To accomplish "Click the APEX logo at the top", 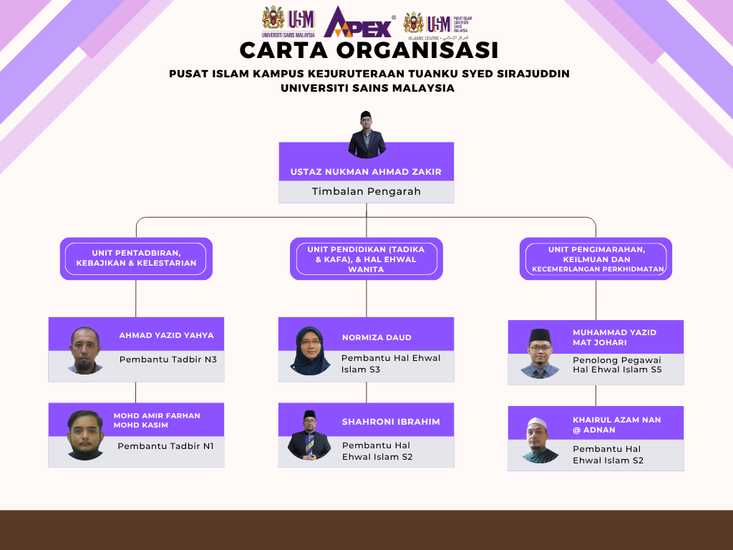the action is coord(359,22).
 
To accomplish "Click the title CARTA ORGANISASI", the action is coord(369,50).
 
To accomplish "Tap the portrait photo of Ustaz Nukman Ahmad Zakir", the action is coord(366,135).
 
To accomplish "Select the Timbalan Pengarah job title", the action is coord(366,191).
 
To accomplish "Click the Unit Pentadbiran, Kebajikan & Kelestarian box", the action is coord(136,259).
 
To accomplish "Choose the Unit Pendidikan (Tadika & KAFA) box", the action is coord(366,259).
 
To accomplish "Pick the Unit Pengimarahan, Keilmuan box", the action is coord(596,259).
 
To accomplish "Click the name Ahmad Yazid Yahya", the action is coord(166,335).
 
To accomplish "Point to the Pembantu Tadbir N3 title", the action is coord(168,360).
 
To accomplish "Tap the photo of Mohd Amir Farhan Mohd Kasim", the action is coord(85,435).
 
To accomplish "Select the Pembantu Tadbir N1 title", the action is coord(165,446).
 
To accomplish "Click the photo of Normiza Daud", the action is coord(310,351).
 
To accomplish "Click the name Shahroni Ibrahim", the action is coord(391,421).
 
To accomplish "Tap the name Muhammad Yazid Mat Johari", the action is coord(615,337).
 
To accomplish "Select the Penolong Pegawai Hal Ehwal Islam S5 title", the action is coord(617,365).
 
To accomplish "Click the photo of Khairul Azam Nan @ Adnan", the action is coord(540,440).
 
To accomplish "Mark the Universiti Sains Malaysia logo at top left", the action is coord(288,21).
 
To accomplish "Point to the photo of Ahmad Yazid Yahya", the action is coord(85,350).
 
